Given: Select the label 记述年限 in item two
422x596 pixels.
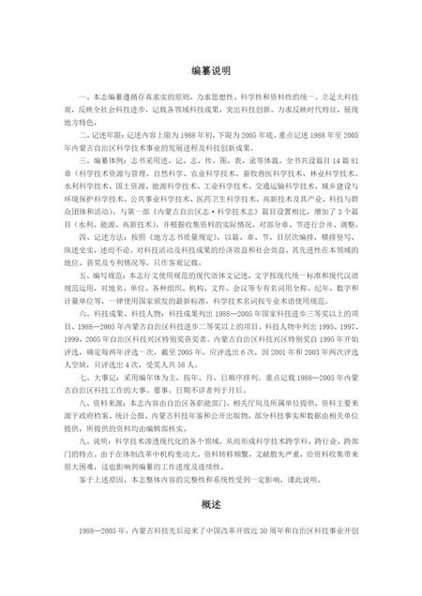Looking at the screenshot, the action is click(105, 134).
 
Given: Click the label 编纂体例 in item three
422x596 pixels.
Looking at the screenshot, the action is click(105, 160).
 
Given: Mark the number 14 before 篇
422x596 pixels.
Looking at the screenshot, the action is click(332, 160).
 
